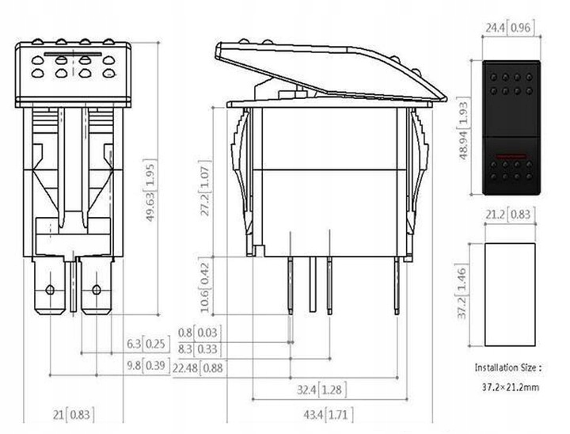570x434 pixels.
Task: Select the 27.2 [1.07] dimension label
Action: (205, 190)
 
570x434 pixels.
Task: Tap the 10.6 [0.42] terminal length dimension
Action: (205, 283)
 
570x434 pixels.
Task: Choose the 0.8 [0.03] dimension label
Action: (197, 332)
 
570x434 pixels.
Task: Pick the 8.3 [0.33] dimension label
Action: (197, 348)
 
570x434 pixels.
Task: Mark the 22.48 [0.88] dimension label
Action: (201, 367)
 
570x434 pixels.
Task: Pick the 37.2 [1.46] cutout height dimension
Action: (465, 294)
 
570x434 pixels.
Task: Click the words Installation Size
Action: (507, 368)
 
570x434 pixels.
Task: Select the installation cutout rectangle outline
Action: (511, 294)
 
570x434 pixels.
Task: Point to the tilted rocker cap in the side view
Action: (325, 71)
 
